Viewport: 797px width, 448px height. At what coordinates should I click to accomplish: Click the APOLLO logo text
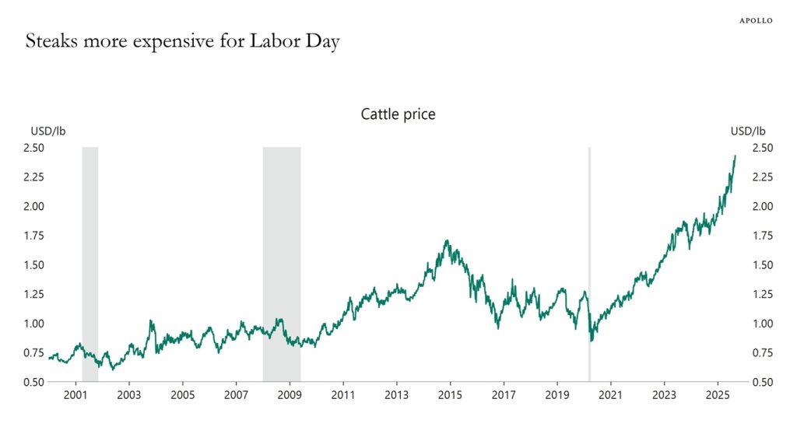click(x=755, y=21)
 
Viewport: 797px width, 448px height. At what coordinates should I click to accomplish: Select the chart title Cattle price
click(x=398, y=114)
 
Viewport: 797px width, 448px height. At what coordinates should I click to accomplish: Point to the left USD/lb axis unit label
click(x=48, y=131)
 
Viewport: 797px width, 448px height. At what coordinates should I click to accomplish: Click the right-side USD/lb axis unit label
click(x=748, y=131)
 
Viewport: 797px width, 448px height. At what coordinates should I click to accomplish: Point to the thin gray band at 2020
click(x=589, y=233)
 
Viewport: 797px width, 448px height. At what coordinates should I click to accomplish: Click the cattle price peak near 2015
click(x=446, y=241)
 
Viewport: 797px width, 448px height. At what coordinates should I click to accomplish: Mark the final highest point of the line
click(x=735, y=156)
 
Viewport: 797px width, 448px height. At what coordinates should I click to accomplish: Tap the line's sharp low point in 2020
click(x=592, y=341)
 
